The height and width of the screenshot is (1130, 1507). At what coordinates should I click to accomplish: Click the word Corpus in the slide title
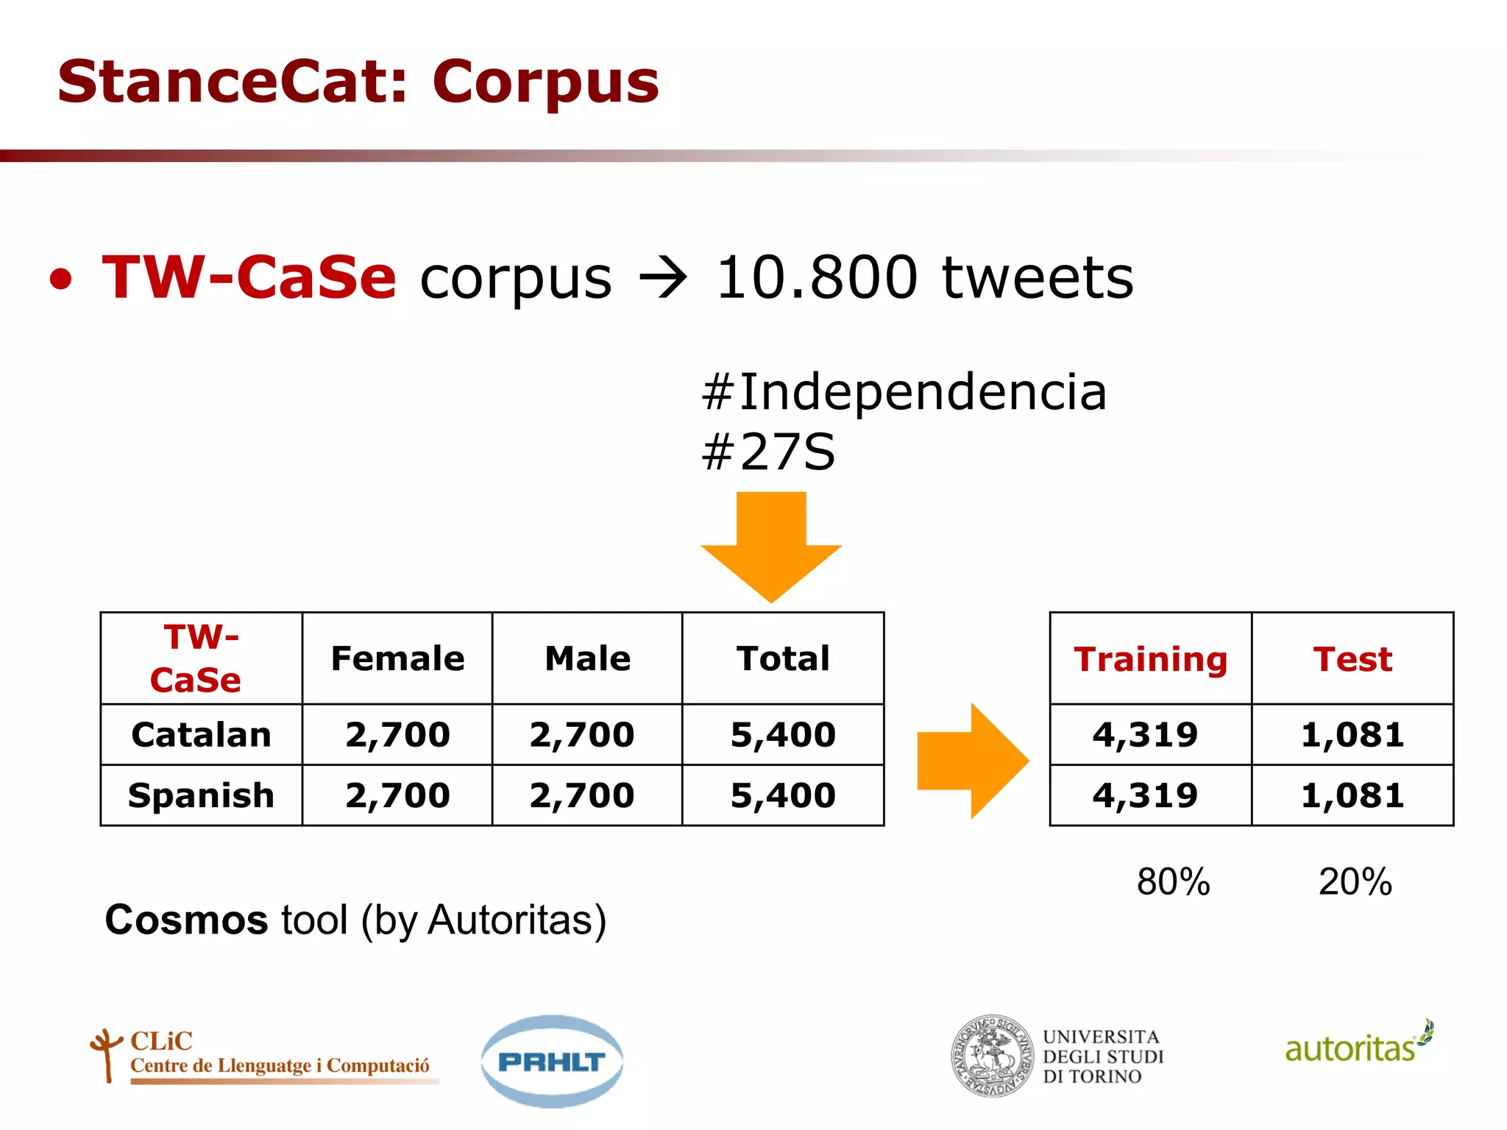pos(545,82)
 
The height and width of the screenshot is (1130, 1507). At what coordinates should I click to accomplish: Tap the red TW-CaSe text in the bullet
pos(249,277)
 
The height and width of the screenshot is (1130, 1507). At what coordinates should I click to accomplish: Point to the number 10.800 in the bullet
pos(817,277)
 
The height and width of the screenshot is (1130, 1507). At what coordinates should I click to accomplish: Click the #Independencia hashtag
pos(904,392)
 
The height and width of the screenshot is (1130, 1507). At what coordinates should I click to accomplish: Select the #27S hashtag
pos(768,452)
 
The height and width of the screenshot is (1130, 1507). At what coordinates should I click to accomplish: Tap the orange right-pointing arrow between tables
pos(972,761)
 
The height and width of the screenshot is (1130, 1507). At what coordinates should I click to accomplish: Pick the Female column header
pos(397,658)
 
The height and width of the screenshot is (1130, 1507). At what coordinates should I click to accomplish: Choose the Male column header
pos(587,658)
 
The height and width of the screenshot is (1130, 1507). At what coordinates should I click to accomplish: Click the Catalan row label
pos(201,735)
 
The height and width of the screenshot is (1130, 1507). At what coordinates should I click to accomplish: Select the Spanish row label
pos(201,795)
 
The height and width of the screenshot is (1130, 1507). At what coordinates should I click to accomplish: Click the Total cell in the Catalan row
pos(783,735)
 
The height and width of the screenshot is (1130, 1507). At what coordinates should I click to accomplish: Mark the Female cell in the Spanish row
pos(397,795)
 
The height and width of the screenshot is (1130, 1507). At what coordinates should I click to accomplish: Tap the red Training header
pos(1150,659)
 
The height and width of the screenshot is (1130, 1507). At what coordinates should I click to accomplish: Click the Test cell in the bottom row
pos(1352,795)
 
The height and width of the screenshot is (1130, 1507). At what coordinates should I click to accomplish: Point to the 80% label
pos(1173,881)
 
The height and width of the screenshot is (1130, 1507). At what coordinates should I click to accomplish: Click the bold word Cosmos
pos(186,920)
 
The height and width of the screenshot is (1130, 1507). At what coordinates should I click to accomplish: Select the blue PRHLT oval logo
pos(552,1061)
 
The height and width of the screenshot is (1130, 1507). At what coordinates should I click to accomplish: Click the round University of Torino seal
pos(992,1056)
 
